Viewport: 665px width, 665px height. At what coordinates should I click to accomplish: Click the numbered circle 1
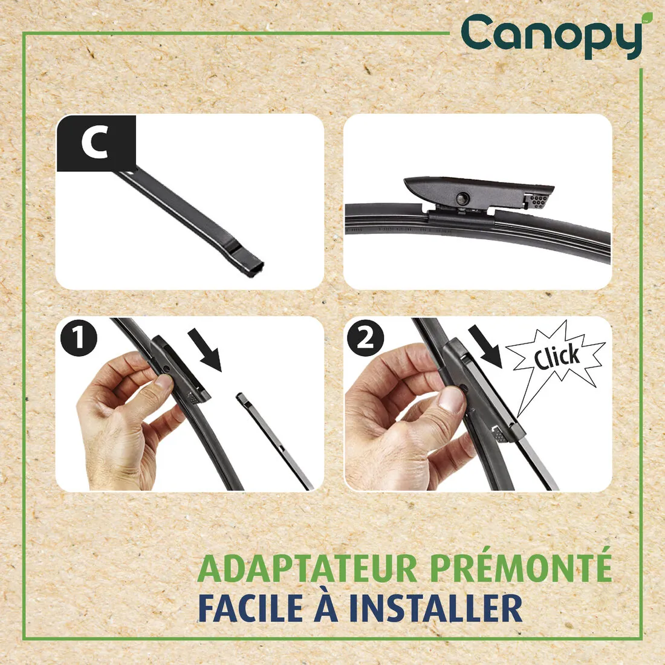pos(79,339)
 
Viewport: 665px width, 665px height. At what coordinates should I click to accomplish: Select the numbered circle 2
pos(365,339)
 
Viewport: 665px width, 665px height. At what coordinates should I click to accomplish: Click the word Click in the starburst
pos(557,357)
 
